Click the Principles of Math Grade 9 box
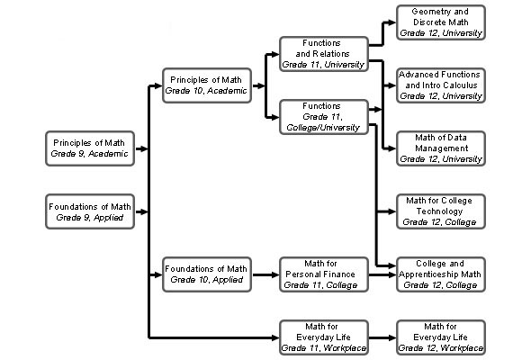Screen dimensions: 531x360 pyautogui.click(x=90, y=148)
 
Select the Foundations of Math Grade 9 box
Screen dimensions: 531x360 pyautogui.click(x=90, y=211)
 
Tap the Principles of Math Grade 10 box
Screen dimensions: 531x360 pyautogui.click(x=207, y=85)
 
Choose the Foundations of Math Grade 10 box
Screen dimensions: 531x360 pyautogui.click(x=207, y=274)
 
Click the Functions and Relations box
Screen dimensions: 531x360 pyautogui.click(x=324, y=54)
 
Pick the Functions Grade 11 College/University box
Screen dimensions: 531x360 pyautogui.click(x=324, y=117)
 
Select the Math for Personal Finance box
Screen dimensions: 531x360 pyautogui.click(x=324, y=274)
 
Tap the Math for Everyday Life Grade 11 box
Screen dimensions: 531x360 pyautogui.click(x=324, y=337)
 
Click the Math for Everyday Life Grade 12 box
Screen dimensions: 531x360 pyautogui.click(x=441, y=337)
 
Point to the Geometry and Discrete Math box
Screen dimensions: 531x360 pyautogui.click(x=441, y=22)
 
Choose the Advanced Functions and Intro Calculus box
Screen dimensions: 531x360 pyautogui.click(x=441, y=85)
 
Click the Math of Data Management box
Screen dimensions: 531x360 pyautogui.click(x=441, y=148)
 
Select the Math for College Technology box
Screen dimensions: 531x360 pyautogui.click(x=441, y=211)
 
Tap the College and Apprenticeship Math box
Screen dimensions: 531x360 pyautogui.click(x=441, y=274)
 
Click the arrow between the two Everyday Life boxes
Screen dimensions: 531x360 pyautogui.click(x=382, y=337)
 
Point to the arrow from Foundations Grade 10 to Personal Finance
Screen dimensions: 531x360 pyautogui.click(x=265, y=274)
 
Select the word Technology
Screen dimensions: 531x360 pyautogui.click(x=439, y=211)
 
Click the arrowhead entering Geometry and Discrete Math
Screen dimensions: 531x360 pyautogui.click(x=391, y=22)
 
